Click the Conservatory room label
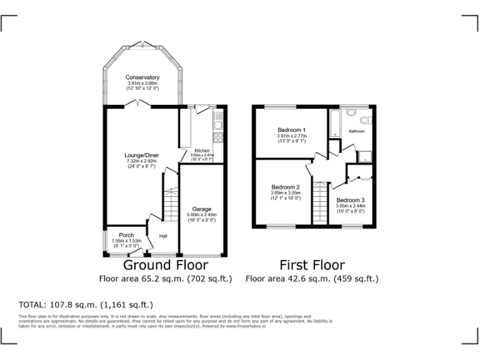click(142, 77)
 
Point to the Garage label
click(201, 209)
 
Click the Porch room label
click(126, 236)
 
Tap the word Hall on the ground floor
click(163, 236)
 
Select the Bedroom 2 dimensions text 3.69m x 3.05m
click(286, 192)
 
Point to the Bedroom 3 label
click(350, 200)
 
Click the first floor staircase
click(320, 201)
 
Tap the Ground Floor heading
click(165, 265)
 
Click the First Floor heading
click(312, 265)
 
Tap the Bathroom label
click(357, 132)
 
